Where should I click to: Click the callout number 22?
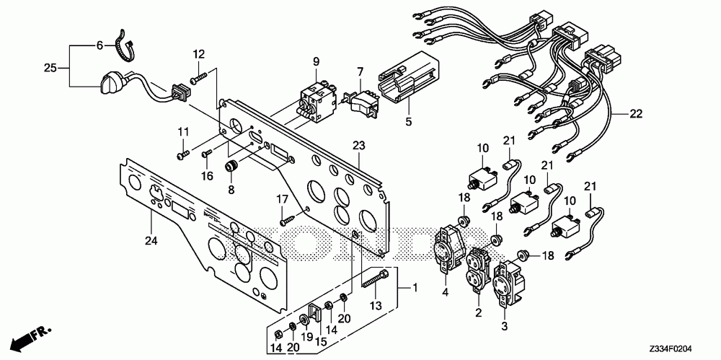(635, 113)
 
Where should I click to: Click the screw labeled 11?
(182, 153)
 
